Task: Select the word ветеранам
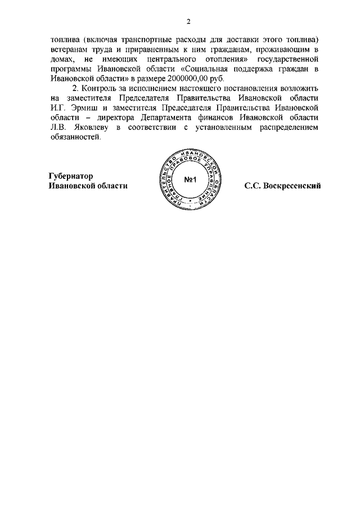[x=69, y=51]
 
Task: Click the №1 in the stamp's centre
[x=189, y=181]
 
